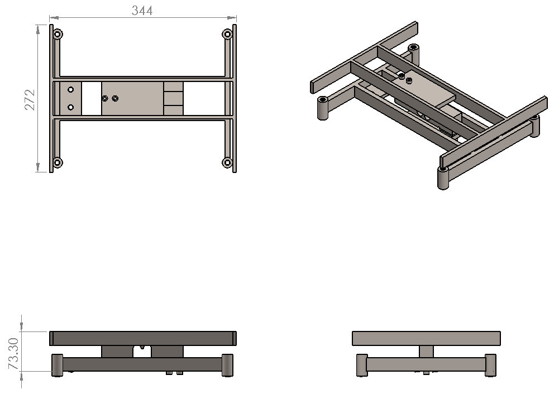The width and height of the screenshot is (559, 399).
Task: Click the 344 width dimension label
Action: pos(142,11)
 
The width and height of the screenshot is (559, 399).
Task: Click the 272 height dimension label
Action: pos(30,100)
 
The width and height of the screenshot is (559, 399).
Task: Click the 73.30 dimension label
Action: pos(13,353)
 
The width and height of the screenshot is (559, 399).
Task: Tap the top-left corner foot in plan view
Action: pos(58,34)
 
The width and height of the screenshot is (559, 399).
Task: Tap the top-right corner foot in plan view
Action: pos(227,34)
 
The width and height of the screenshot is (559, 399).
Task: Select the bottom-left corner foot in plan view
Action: pos(58,163)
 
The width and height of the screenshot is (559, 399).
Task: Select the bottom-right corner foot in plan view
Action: pos(227,163)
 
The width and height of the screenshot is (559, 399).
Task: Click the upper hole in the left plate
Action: pos(70,89)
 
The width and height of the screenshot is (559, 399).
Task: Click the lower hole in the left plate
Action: pos(70,107)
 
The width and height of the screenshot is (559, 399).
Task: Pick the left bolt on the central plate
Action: pos(105,98)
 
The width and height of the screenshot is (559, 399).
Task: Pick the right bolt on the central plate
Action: pos(115,98)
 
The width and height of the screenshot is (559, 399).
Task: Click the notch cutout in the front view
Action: pos(142,351)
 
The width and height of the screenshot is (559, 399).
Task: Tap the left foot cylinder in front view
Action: pos(58,365)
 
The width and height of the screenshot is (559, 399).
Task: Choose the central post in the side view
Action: pos(427,352)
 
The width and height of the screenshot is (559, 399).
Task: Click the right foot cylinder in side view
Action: pos(490,365)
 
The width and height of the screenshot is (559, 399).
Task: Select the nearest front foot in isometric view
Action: pos(443,178)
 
